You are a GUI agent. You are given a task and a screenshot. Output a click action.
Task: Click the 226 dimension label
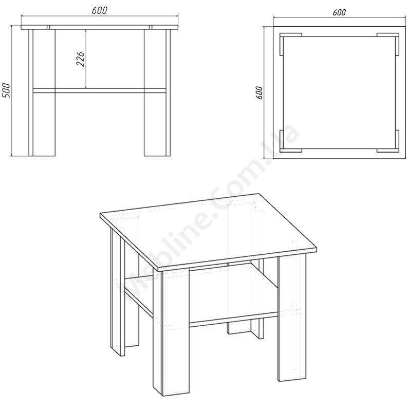pyautogui.click(x=81, y=59)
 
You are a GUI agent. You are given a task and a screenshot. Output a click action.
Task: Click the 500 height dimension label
pyautogui.click(x=6, y=91)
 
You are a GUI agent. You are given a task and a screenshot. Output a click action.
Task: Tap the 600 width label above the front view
pyautogui.click(x=100, y=10)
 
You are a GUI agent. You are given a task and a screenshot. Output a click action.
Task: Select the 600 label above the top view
pyautogui.click(x=339, y=12)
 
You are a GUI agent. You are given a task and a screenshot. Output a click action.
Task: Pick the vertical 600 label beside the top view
pyautogui.click(x=259, y=92)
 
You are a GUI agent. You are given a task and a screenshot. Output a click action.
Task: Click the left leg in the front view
pyautogui.click(x=42, y=92)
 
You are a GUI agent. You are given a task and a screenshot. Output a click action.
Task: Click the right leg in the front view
pyautogui.click(x=157, y=92)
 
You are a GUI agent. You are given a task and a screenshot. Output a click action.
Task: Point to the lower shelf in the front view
pyautogui.click(x=100, y=90)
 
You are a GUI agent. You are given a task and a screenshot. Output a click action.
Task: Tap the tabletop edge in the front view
pyautogui.click(x=100, y=27)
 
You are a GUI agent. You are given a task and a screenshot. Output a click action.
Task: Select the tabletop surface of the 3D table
pyautogui.click(x=209, y=231)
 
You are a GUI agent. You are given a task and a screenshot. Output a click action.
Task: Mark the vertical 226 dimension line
pyautogui.click(x=86, y=59)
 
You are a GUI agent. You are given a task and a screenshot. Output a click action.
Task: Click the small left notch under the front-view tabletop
pyautogui.click(x=48, y=27)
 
